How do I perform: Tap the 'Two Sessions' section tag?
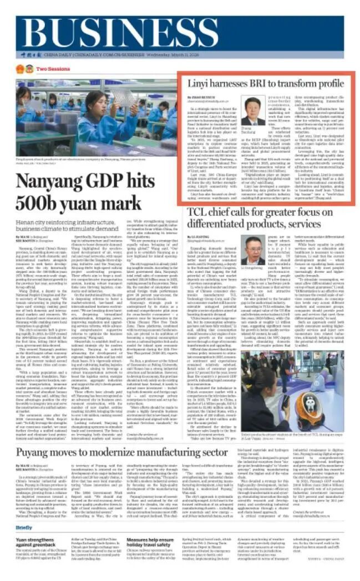pos(49,69)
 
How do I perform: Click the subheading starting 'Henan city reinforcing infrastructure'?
pos(66,223)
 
